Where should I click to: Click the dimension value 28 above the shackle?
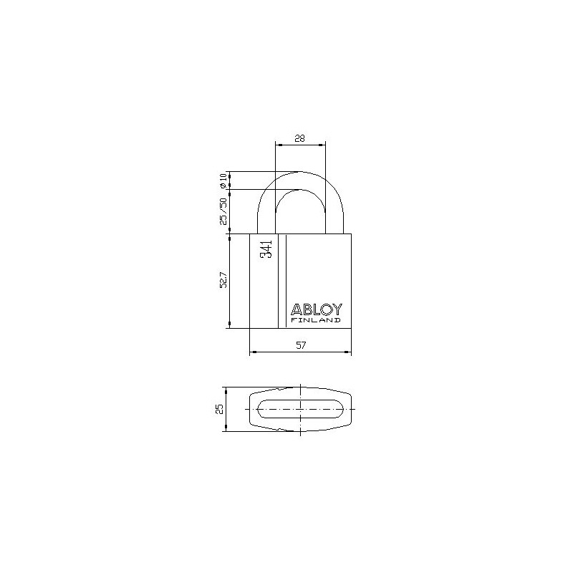click(x=300, y=139)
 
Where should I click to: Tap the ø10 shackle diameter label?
click(x=223, y=180)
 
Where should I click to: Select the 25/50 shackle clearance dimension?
click(x=223, y=211)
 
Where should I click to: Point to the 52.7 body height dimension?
click(x=223, y=281)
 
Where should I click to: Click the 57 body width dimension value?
click(x=301, y=346)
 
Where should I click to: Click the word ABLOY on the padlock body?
click(x=317, y=310)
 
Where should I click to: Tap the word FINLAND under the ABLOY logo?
click(x=316, y=321)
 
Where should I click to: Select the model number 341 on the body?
click(x=265, y=251)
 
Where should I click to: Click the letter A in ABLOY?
click(x=296, y=310)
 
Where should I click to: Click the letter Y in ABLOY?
click(x=338, y=310)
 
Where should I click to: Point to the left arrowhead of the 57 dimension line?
click(x=251, y=352)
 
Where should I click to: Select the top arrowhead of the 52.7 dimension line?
click(x=229, y=237)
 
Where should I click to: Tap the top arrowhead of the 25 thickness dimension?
click(x=226, y=390)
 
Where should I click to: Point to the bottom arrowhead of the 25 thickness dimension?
click(x=226, y=429)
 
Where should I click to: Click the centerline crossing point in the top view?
click(x=299, y=410)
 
